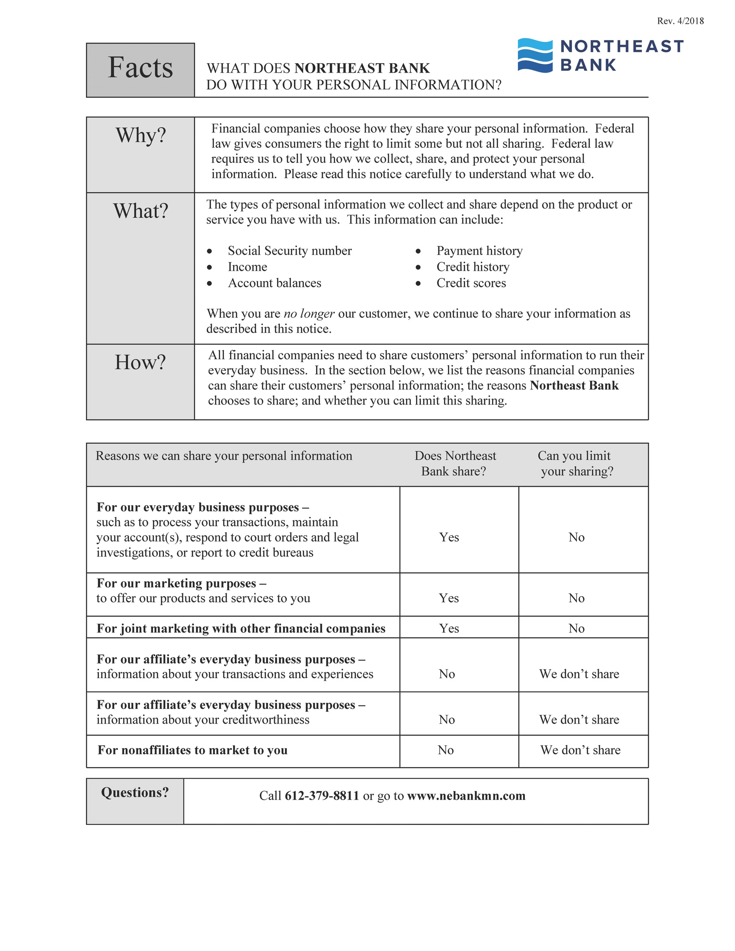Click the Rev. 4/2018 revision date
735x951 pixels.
[x=680, y=21]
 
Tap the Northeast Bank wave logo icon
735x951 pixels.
[x=535, y=55]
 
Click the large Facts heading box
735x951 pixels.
[x=140, y=69]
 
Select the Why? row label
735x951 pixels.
[x=141, y=135]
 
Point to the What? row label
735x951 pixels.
[x=141, y=211]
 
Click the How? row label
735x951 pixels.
[x=140, y=362]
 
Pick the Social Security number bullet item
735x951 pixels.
[x=290, y=251]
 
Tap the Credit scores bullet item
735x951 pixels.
[x=471, y=283]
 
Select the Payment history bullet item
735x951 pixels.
[x=479, y=251]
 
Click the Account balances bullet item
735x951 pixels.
[x=274, y=283]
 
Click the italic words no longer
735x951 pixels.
[x=309, y=313]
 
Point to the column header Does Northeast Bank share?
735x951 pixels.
[x=454, y=463]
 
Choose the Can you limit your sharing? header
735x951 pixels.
[x=576, y=463]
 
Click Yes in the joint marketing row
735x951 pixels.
[x=448, y=629]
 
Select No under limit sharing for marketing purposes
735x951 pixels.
[x=576, y=598]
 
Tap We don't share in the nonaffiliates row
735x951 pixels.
[x=580, y=750]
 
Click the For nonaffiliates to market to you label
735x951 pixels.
[x=192, y=750]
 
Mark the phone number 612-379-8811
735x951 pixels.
[x=322, y=795]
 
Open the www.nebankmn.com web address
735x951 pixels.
[x=466, y=795]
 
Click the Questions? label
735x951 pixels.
[x=134, y=792]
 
